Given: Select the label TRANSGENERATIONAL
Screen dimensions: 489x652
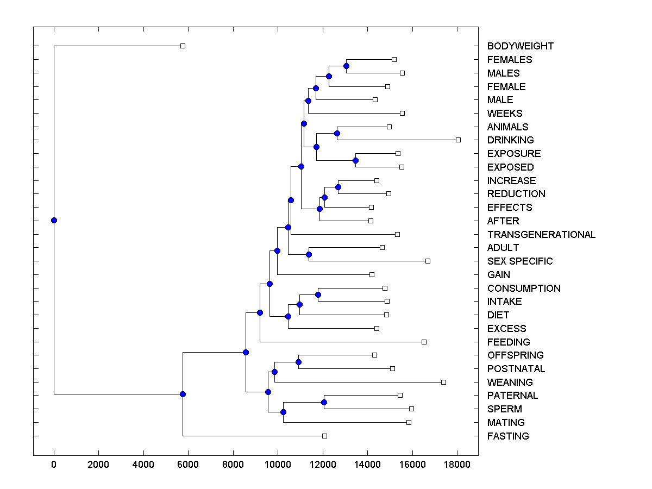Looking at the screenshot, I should (541, 235).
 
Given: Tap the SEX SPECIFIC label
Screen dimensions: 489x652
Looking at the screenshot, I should (520, 261).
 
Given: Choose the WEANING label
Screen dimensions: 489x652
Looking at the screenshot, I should (510, 383).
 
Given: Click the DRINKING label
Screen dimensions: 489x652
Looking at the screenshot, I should (511, 140).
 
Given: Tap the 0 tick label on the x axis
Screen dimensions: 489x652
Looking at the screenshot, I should (54, 463).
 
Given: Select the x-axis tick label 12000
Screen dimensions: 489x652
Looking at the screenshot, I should (323, 463).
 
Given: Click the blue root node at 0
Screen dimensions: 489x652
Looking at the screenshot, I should (54, 220).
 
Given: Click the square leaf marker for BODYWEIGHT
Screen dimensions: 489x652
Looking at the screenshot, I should (183, 46).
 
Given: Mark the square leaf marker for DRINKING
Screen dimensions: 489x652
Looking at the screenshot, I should (458, 140).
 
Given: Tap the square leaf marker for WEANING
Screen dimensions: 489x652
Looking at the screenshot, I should (443, 382).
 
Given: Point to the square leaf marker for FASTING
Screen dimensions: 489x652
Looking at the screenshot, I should (324, 436).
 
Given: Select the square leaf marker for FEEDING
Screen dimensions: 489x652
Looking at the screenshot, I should (424, 342).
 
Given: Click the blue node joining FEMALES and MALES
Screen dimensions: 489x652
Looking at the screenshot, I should (347, 66).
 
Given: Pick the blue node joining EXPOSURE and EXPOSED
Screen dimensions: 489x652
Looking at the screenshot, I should (355, 160).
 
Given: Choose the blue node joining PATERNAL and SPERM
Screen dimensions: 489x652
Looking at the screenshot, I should (324, 402).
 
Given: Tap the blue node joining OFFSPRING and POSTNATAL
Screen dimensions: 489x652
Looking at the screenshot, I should (298, 362).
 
